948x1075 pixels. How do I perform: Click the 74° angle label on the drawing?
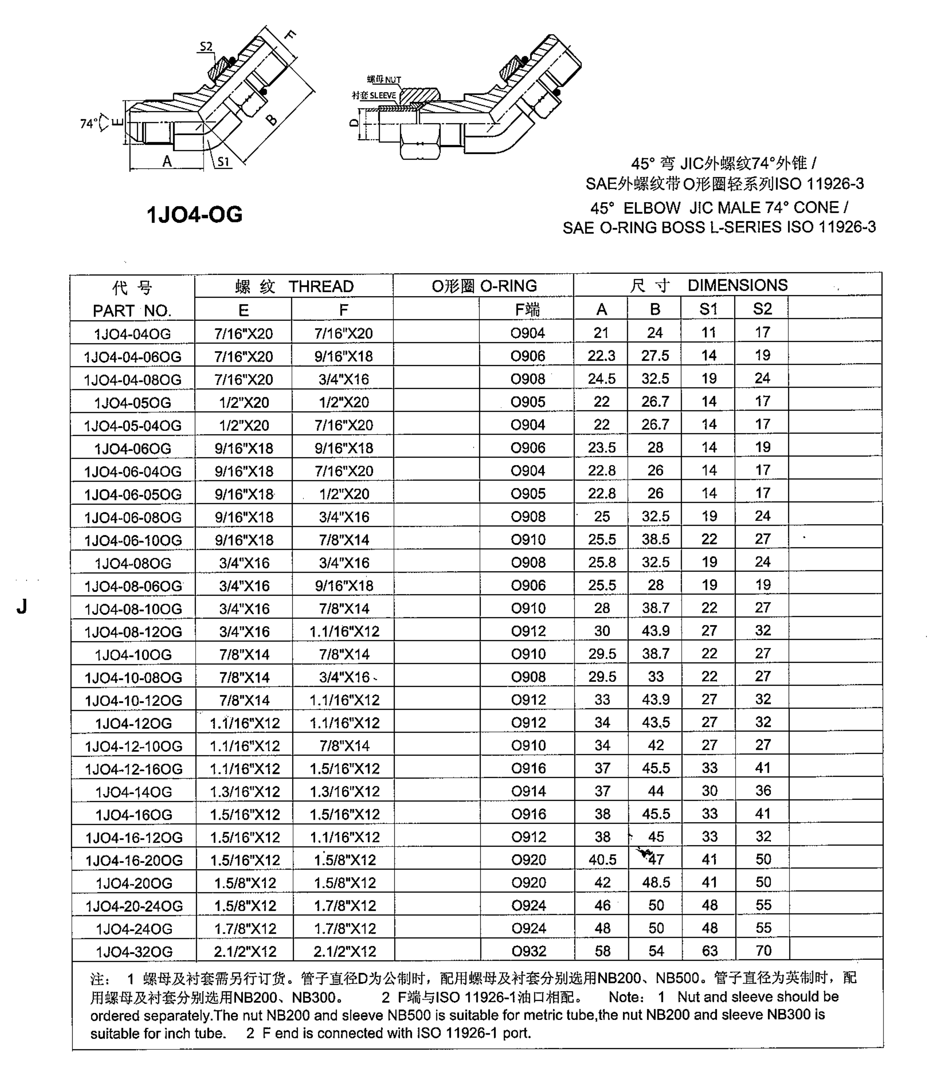[x=88, y=124]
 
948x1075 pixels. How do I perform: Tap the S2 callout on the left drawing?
[x=206, y=46]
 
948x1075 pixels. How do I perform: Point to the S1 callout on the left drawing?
[x=224, y=162]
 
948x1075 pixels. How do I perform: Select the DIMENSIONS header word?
[x=737, y=285]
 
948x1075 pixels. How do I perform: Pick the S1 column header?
[x=708, y=309]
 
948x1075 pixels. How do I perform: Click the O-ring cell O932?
[x=529, y=951]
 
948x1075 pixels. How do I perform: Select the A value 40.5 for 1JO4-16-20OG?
[x=602, y=860]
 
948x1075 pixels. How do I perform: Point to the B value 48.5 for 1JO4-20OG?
[x=656, y=882]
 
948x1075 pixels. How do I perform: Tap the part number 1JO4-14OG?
[x=134, y=792]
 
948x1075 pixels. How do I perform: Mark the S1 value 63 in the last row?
[x=709, y=950]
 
